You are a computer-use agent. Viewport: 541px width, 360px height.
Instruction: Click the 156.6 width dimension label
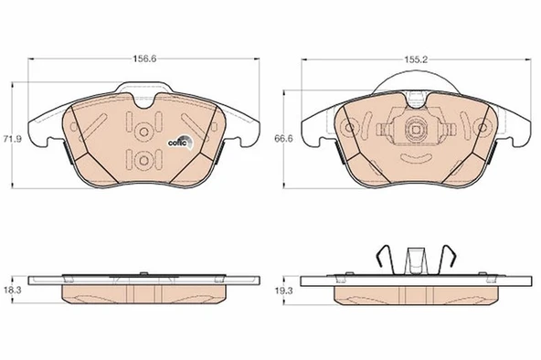pyautogui.click(x=144, y=59)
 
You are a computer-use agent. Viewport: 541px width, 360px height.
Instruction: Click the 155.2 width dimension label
pyautogui.click(x=416, y=59)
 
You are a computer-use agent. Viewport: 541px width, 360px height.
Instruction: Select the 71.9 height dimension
pyautogui.click(x=13, y=139)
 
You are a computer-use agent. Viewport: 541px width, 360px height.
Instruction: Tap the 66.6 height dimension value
pyautogui.click(x=283, y=139)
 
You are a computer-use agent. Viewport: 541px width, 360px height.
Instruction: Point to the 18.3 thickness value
pyautogui.click(x=13, y=290)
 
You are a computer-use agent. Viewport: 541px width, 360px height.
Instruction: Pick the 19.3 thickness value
pyautogui.click(x=283, y=291)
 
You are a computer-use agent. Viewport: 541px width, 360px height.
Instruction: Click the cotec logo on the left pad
pyautogui.click(x=181, y=142)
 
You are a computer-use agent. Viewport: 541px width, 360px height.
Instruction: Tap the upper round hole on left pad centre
pyautogui.click(x=143, y=132)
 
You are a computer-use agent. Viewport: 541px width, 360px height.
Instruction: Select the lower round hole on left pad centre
pyautogui.click(x=143, y=161)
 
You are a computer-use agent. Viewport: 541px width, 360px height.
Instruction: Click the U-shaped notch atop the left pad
pyautogui.click(x=144, y=101)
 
